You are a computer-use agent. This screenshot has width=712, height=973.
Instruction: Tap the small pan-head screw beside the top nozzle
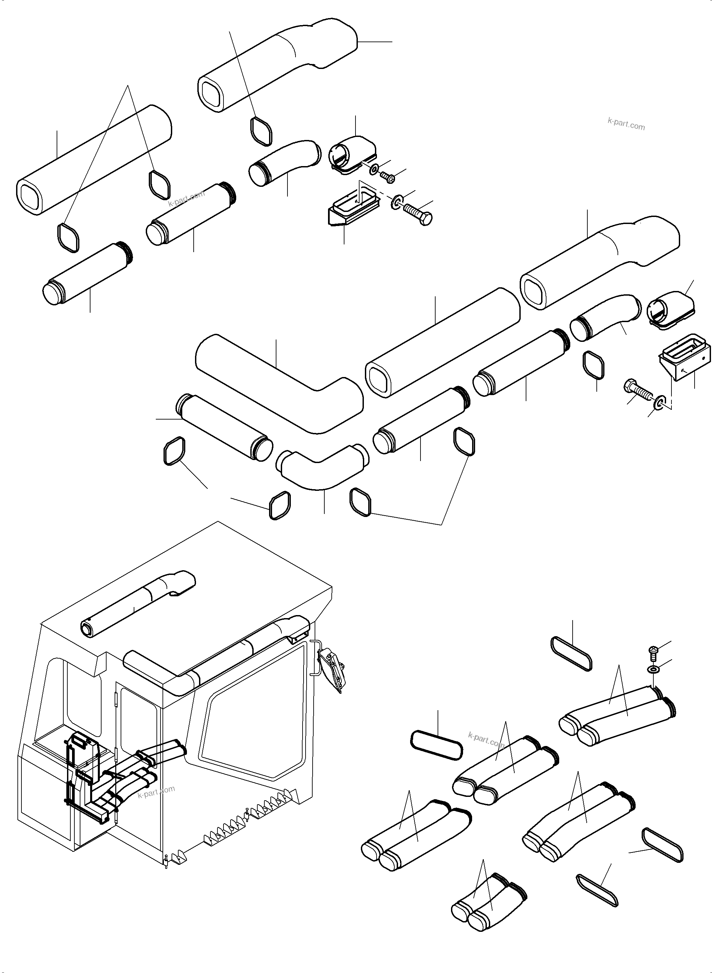click(x=387, y=176)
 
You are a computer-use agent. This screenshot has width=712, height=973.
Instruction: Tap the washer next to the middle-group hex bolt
click(x=658, y=403)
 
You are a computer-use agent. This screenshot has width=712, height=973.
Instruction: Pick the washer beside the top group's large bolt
click(x=396, y=202)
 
